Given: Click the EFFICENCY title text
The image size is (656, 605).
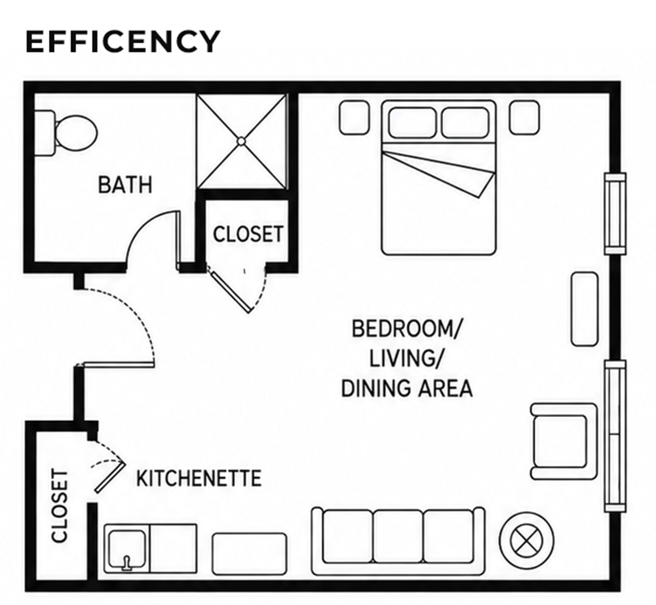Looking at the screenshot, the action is pos(123,41).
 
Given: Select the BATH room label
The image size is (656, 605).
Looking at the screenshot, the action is pos(125,185).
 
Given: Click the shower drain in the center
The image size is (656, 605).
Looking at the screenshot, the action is pos(242,142).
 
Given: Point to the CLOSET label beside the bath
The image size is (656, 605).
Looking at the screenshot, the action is pos(248,234).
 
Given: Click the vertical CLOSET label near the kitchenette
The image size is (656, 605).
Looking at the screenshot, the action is pos(59,506).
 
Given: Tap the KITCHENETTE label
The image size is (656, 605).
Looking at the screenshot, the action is pos(199,479).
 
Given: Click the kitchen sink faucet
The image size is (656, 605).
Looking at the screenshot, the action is pos(126,562).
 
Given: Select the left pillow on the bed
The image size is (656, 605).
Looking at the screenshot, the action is pos(413,122).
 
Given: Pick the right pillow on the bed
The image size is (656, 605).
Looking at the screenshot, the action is pos(465,122).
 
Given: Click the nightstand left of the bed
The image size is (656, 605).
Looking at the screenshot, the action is pos(354,118).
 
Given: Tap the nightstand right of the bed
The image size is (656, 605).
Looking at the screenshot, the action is pos(524,118).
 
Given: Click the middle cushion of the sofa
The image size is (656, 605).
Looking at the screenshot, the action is pos(398,536).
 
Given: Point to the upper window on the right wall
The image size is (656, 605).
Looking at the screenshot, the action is pos(615,213).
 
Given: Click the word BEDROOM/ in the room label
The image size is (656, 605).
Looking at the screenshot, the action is pos(406,329).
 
